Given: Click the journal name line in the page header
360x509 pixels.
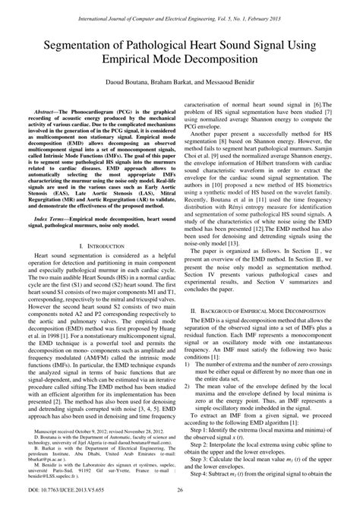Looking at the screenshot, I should click(180, 10).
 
